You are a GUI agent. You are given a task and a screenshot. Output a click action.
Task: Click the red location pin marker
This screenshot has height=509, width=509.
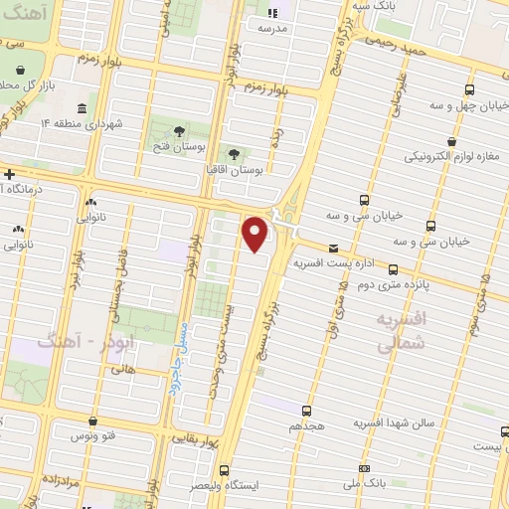click(256, 234)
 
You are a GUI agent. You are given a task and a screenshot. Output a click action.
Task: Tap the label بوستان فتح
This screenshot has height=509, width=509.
click(179, 148)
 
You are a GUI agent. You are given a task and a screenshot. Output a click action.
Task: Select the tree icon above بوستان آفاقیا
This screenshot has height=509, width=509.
click(235, 154)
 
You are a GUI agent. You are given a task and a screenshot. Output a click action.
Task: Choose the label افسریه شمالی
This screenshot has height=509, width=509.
click(400, 333)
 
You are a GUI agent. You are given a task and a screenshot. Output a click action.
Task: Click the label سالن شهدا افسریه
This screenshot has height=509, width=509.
click(395, 423)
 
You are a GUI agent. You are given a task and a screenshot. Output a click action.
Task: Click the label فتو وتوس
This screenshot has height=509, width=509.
click(91, 436)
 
